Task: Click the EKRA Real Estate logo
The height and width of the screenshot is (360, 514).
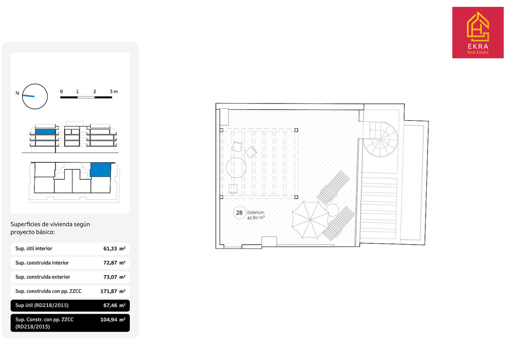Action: pyautogui.click(x=478, y=33)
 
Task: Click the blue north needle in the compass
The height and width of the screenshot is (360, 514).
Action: pyautogui.click(x=28, y=96)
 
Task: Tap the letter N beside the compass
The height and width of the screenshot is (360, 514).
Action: pyautogui.click(x=17, y=93)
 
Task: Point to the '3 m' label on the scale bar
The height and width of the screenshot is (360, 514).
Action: pyautogui.click(x=114, y=92)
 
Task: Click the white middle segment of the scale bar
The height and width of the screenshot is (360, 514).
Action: pyautogui.click(x=86, y=97)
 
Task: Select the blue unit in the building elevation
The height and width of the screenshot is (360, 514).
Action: pyautogui.click(x=45, y=132)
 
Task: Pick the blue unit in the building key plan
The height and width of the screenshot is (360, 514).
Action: pyautogui.click(x=101, y=170)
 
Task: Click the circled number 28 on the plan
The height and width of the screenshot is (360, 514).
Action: pyautogui.click(x=239, y=213)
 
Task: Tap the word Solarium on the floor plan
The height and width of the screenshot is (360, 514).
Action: pyautogui.click(x=255, y=213)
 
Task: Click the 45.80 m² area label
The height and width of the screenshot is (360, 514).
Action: pyautogui.click(x=256, y=217)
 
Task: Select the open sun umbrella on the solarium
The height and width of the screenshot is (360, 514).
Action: pyautogui.click(x=310, y=220)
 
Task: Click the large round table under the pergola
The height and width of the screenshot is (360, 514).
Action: pyautogui.click(x=236, y=168)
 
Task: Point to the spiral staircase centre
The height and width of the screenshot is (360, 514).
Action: pyautogui.click(x=380, y=140)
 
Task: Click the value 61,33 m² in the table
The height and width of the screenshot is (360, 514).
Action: pyautogui.click(x=114, y=249)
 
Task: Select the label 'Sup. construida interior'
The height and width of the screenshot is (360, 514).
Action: pyautogui.click(x=42, y=263)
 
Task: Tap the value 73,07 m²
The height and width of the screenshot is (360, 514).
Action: pyautogui.click(x=114, y=277)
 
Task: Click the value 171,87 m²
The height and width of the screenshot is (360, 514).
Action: pyautogui.click(x=113, y=291)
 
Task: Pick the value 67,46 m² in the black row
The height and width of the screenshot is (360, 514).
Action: pyautogui.click(x=114, y=306)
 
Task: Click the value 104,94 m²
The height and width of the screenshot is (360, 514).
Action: pyautogui.click(x=113, y=320)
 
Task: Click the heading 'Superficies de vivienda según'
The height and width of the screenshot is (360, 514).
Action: pyautogui.click(x=50, y=224)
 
